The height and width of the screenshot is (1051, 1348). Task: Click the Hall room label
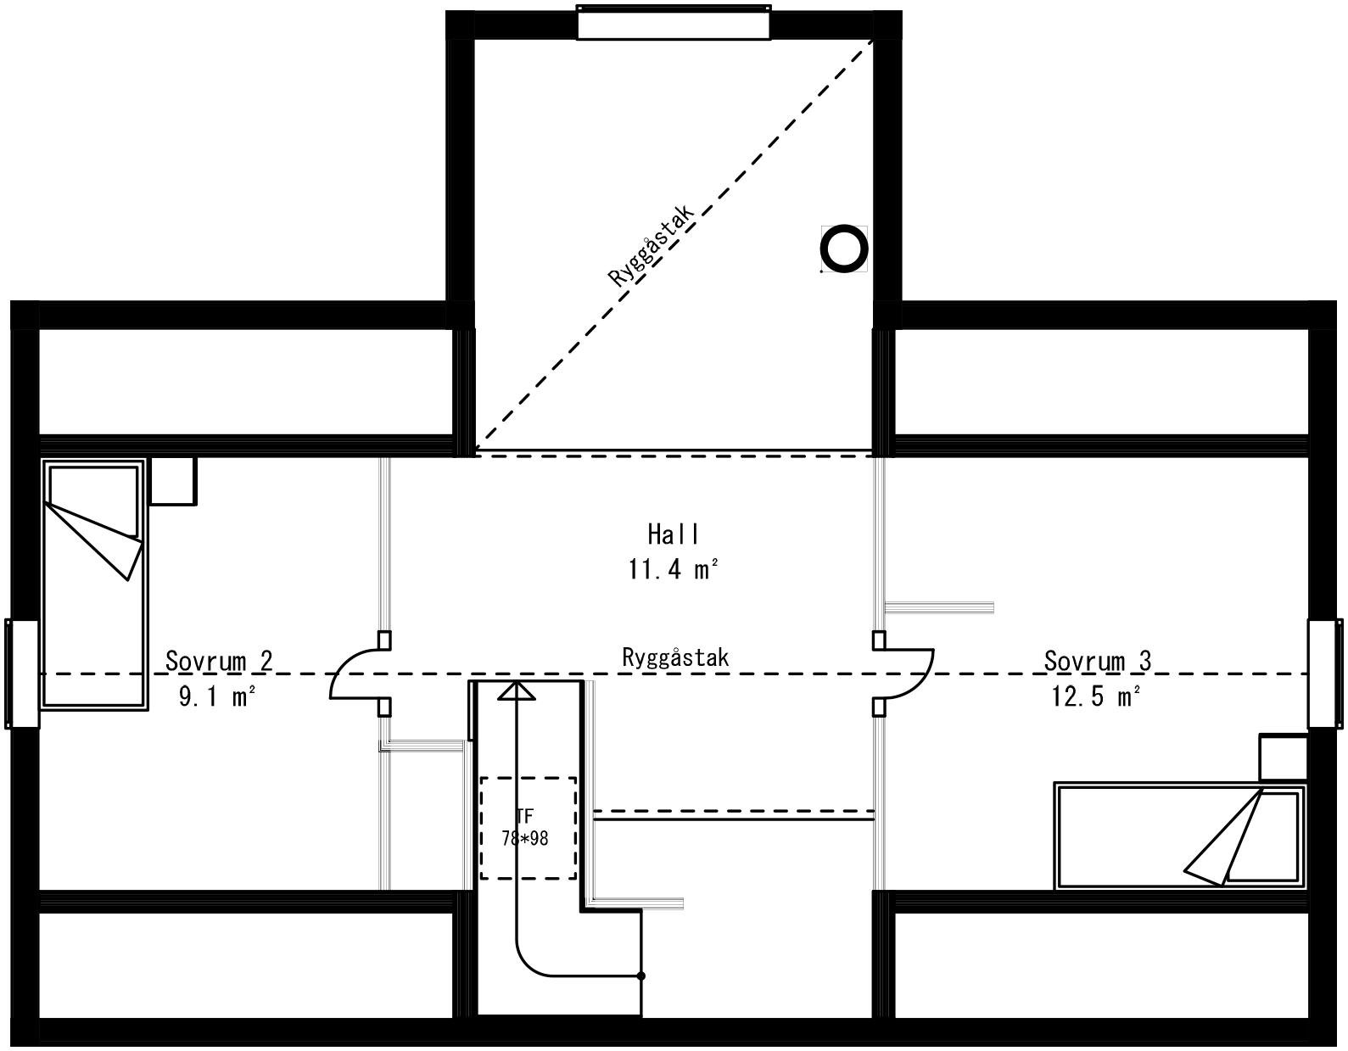tap(674, 534)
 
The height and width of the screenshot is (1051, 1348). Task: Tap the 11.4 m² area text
tap(674, 569)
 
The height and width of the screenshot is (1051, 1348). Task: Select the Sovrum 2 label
tap(219, 660)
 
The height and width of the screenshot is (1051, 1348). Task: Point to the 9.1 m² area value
tap(217, 697)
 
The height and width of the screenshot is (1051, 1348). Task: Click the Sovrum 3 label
tap(1097, 660)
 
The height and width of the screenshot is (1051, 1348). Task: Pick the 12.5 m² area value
tap(1096, 697)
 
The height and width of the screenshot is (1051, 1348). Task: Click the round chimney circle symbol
tap(844, 249)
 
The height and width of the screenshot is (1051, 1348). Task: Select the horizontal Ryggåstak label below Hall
tap(675, 657)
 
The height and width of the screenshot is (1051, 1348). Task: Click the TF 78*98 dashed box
tap(528, 828)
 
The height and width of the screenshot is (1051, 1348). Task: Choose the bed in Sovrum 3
tap(1179, 836)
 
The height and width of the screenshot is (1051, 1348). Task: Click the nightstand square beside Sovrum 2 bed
tap(173, 482)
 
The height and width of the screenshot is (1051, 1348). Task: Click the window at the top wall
tap(674, 22)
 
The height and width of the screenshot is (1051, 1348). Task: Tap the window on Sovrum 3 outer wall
tap(1324, 674)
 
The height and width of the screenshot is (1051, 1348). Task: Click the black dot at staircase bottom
tap(640, 976)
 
